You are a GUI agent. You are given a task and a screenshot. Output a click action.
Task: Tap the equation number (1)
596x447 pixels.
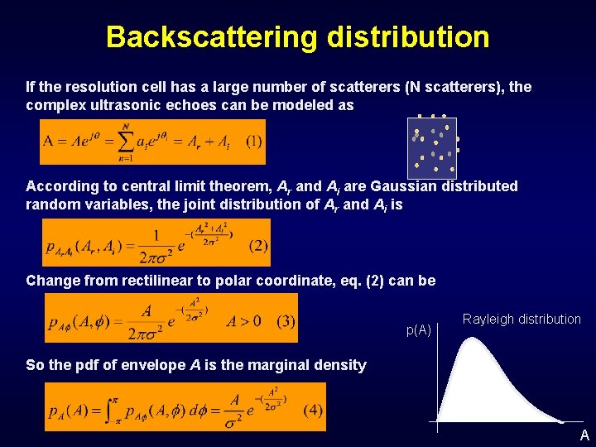pyautogui.click(x=253, y=142)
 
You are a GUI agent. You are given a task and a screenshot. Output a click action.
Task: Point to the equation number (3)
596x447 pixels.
pyautogui.click(x=285, y=322)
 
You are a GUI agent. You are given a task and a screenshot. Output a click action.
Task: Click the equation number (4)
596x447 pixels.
pyautogui.click(x=312, y=410)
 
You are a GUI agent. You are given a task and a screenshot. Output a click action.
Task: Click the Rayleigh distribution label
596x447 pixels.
pyautogui.click(x=521, y=320)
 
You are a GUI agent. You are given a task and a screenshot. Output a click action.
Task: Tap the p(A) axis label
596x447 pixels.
pyautogui.click(x=418, y=330)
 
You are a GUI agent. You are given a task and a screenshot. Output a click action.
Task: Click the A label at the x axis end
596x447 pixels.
pyautogui.click(x=584, y=435)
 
